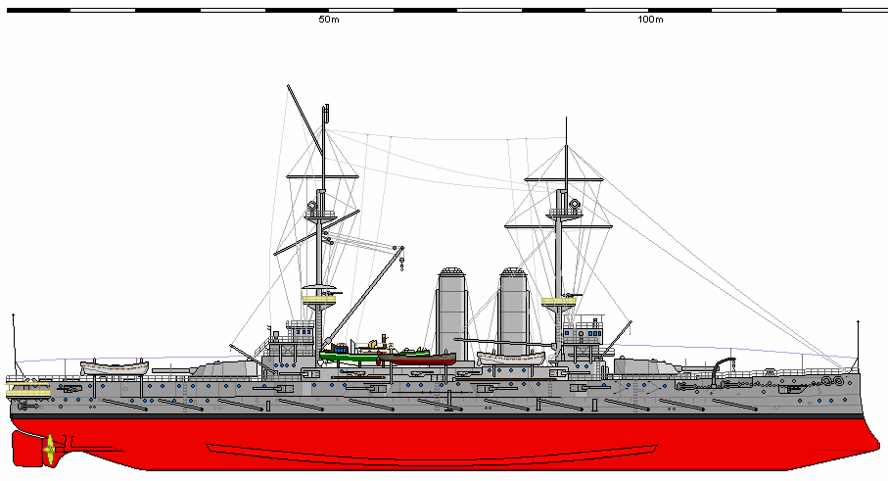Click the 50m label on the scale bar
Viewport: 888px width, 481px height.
click(328, 20)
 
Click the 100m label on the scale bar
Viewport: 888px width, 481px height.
click(649, 20)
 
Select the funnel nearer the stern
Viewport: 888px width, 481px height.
click(450, 313)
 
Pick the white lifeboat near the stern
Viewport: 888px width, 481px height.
click(114, 367)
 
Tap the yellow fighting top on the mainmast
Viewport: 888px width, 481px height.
click(319, 298)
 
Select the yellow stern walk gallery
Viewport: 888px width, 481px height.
click(26, 390)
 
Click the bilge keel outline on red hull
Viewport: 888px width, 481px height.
click(431, 450)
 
